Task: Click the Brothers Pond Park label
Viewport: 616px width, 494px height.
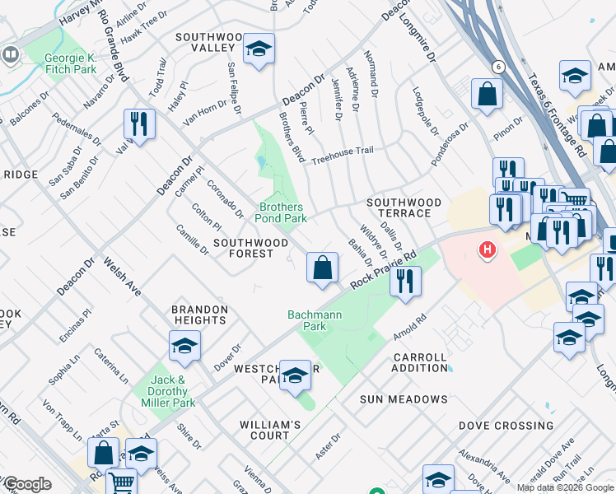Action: (x=281, y=212)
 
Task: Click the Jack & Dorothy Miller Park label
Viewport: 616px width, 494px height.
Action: (x=173, y=391)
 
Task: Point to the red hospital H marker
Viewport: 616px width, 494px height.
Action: (x=488, y=249)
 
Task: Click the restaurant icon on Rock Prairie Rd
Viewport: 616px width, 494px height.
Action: (x=405, y=282)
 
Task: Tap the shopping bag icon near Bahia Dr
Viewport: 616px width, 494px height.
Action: (x=322, y=267)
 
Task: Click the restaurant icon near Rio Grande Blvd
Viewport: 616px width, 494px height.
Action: (x=139, y=124)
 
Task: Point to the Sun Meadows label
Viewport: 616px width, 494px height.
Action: (x=404, y=399)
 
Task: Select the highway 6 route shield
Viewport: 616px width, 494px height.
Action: (x=497, y=66)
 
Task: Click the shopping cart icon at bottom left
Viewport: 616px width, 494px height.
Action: (x=121, y=482)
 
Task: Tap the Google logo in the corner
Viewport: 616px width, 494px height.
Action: (x=26, y=484)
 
